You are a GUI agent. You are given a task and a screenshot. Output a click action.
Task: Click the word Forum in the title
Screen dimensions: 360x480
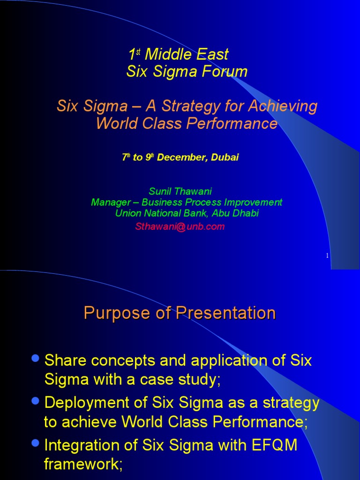pyautogui.click(x=225, y=71)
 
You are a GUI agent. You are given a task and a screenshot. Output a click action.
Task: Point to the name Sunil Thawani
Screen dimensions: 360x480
pyautogui.click(x=180, y=191)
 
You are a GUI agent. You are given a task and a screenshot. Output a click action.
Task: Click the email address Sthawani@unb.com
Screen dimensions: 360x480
pyautogui.click(x=180, y=226)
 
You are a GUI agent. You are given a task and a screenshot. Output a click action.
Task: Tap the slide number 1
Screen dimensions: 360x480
pyautogui.click(x=327, y=255)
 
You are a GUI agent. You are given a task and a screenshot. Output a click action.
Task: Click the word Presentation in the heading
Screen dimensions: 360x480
pyautogui.click(x=225, y=313)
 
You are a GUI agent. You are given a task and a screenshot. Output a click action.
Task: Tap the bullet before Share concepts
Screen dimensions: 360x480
pyautogui.click(x=36, y=358)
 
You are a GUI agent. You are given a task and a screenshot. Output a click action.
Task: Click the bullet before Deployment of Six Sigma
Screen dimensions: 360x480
pyautogui.click(x=36, y=401)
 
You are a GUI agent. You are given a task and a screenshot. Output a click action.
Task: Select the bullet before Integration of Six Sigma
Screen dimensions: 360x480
pyautogui.click(x=36, y=443)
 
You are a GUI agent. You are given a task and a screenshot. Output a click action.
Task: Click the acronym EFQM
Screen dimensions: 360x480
pyautogui.click(x=274, y=445)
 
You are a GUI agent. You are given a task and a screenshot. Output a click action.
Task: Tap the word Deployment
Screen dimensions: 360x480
pyautogui.click(x=87, y=403)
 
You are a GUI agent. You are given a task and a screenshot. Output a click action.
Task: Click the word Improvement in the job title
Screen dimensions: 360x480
pyautogui.click(x=253, y=202)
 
